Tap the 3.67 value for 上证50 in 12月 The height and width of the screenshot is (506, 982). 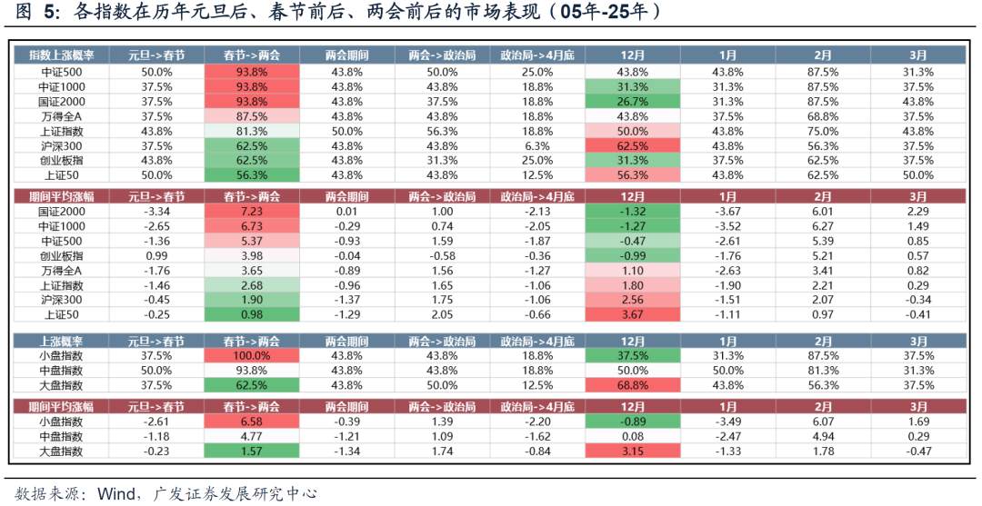(632, 313)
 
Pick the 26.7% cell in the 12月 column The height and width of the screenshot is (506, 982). (632, 102)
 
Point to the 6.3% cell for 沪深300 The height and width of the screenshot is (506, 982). (537, 145)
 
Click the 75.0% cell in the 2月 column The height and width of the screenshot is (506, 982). (822, 131)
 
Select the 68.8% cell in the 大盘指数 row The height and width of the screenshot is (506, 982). (632, 385)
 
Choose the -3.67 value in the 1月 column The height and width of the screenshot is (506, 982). (727, 212)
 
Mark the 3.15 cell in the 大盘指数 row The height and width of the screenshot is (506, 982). (632, 451)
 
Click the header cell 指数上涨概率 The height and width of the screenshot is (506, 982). (61, 55)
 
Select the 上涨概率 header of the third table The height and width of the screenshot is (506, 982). (61, 341)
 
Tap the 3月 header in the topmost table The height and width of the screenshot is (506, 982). (917, 55)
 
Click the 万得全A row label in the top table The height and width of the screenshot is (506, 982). (61, 116)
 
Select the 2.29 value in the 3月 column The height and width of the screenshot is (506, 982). (917, 212)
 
